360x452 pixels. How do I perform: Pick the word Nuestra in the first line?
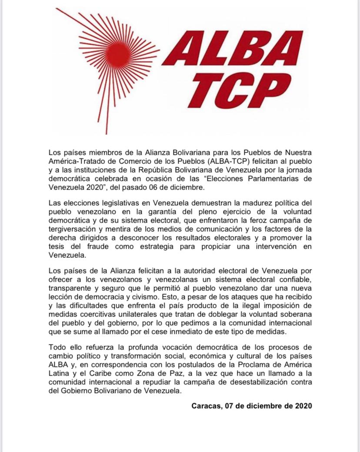pyautogui.click(x=297, y=153)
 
